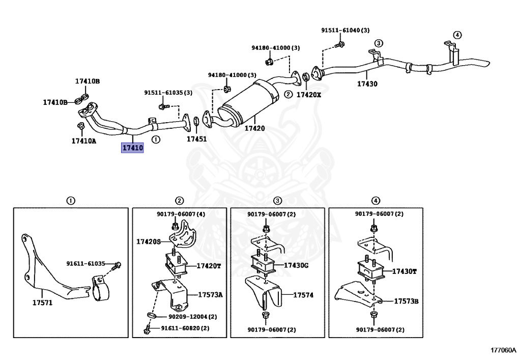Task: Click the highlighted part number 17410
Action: pyautogui.click(x=132, y=148)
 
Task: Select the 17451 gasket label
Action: pyautogui.click(x=196, y=139)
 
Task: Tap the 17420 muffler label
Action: pyautogui.click(x=254, y=128)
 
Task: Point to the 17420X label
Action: pyautogui.click(x=309, y=95)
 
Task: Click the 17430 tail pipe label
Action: pyautogui.click(x=367, y=84)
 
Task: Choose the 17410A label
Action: pyautogui.click(x=83, y=141)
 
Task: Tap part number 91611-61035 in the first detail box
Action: pyautogui.click(x=85, y=264)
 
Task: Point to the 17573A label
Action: pyautogui.click(x=210, y=294)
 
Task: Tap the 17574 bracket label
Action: pyautogui.click(x=303, y=294)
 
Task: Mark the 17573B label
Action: pyautogui.click(x=406, y=301)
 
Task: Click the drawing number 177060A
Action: pyautogui.click(x=503, y=350)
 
